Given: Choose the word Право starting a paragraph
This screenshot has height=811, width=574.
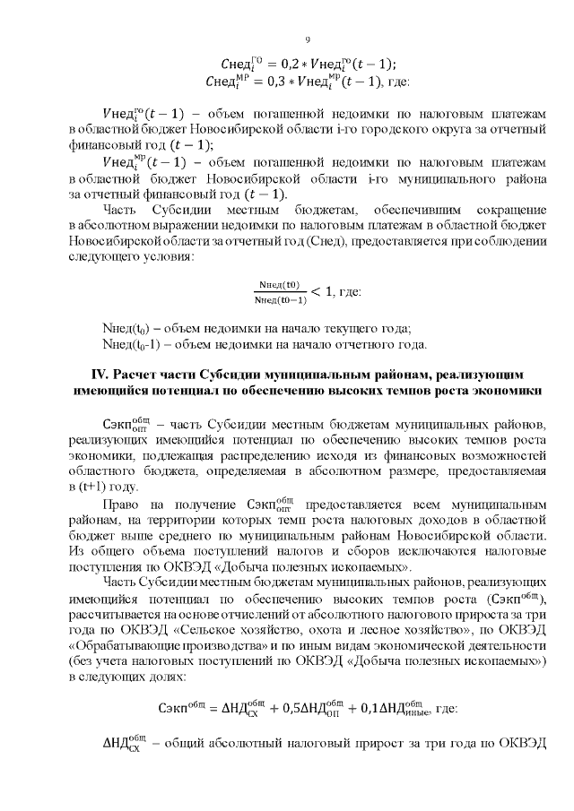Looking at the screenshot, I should point(124,507).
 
